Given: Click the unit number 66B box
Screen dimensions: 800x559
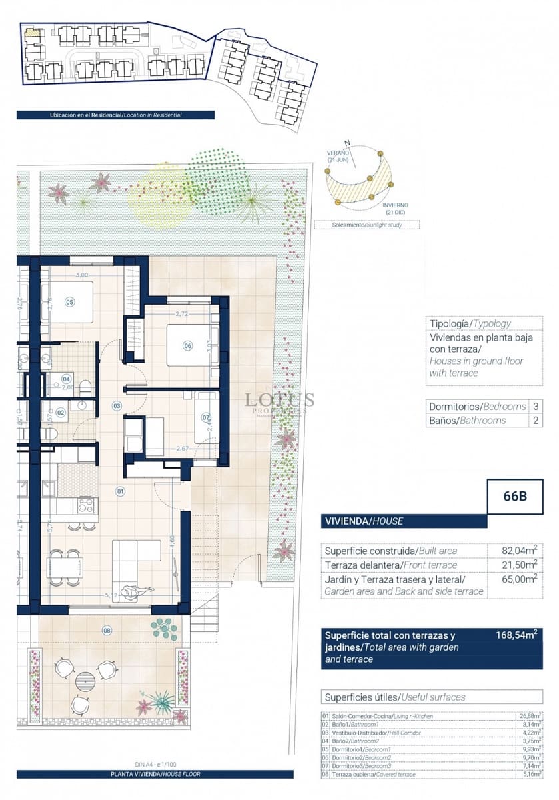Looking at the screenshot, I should (x=515, y=497).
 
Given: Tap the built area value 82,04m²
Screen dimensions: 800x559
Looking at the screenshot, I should (x=519, y=551).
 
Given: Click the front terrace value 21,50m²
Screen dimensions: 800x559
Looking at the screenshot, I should (x=519, y=565).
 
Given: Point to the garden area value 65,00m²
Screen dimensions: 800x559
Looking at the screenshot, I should (x=519, y=579).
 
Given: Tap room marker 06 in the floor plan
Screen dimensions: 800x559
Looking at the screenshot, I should (x=187, y=345).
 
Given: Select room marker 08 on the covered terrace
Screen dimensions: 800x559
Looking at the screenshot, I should (x=107, y=629).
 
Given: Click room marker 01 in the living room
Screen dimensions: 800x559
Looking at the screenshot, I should (x=121, y=491).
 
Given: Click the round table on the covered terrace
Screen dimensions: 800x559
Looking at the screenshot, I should (x=86, y=681).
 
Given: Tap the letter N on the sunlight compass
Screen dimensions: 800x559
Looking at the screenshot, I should (x=346, y=143).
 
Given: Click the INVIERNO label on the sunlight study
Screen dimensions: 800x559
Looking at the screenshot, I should (x=395, y=205).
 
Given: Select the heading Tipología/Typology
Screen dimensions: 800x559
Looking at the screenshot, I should (x=470, y=323).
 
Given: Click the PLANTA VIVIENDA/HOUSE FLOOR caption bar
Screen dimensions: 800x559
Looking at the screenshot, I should (x=155, y=775).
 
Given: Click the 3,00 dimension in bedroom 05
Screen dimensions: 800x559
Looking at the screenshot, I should (x=81, y=275).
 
